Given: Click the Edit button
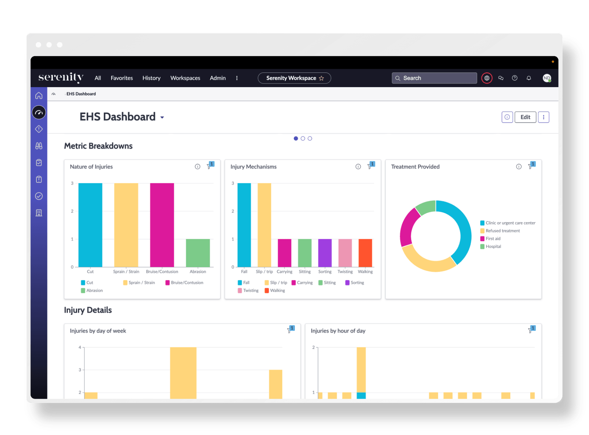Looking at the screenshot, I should [x=525, y=117].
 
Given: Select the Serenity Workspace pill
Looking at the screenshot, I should [x=294, y=78].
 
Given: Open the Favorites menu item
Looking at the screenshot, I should [x=121, y=78].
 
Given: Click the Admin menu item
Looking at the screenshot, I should [x=218, y=78].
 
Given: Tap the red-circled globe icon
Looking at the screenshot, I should [x=487, y=78].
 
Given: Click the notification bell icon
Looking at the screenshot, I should [x=529, y=78].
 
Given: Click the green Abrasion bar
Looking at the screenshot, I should [x=198, y=253].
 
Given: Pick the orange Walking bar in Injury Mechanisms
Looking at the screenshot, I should [x=365, y=253].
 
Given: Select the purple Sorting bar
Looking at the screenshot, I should [x=325, y=253].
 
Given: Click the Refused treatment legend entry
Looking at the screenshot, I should [x=502, y=231].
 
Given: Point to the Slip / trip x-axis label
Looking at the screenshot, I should [x=264, y=272].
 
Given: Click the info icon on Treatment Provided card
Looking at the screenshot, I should [x=519, y=167].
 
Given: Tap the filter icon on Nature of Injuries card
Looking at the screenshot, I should [x=209, y=166].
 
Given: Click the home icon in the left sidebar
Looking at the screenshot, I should [x=39, y=96].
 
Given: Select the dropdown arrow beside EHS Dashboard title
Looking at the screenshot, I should [x=162, y=118].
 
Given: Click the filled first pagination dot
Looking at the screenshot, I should [x=296, y=138].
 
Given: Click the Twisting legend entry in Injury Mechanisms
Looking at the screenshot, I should [x=251, y=290].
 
